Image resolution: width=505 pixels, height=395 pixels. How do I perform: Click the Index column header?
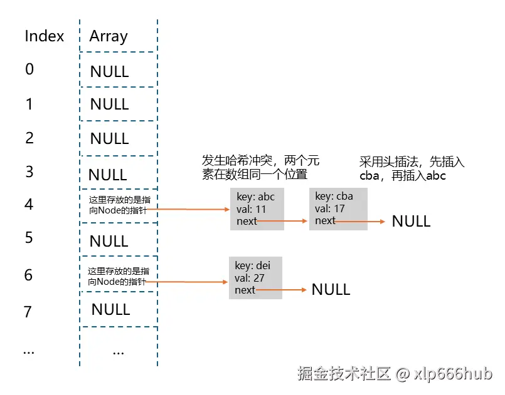(44, 36)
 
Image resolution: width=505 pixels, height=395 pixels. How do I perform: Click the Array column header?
(109, 36)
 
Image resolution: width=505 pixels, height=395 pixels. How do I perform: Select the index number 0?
(29, 69)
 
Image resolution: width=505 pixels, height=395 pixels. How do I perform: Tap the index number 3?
(29, 172)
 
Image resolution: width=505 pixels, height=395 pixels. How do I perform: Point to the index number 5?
(29, 238)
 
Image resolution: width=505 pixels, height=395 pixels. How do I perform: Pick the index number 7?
(28, 311)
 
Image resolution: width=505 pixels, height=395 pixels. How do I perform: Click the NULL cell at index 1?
(109, 104)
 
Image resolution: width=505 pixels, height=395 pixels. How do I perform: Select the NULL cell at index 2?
(109, 138)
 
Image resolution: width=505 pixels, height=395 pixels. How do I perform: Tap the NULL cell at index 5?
(109, 241)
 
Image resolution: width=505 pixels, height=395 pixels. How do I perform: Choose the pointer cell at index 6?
(118, 277)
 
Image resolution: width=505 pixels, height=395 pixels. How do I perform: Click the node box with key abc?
(257, 208)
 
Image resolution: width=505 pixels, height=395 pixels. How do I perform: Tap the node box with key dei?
(255, 277)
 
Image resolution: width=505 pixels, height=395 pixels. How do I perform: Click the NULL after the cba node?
(411, 221)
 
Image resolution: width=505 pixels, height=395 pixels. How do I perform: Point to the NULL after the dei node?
(331, 289)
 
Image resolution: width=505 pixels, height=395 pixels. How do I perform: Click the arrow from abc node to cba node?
(282, 221)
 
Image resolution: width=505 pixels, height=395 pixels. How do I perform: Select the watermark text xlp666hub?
(453, 374)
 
